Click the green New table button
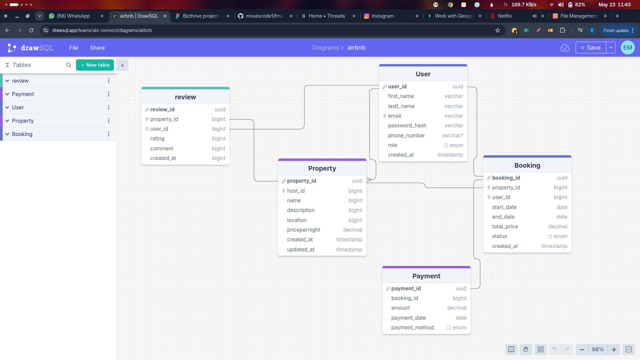click(x=95, y=65)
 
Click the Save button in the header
click(x=591, y=48)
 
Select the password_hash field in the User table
click(x=407, y=126)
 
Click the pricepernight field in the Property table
click(x=303, y=230)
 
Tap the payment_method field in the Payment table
click(x=412, y=328)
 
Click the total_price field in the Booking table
click(x=505, y=227)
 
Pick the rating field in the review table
click(x=157, y=139)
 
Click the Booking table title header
click(x=527, y=165)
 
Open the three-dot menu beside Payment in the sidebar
click(x=108, y=94)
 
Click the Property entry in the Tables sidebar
click(x=23, y=121)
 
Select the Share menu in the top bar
click(x=97, y=48)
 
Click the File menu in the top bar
click(x=74, y=48)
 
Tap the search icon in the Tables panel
click(x=69, y=65)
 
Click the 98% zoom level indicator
click(x=598, y=349)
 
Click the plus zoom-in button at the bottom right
click(x=614, y=349)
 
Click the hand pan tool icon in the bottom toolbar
click(x=526, y=349)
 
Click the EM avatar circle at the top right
click(x=627, y=48)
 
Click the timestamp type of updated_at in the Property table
click(x=349, y=250)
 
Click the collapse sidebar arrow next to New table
click(x=122, y=65)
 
